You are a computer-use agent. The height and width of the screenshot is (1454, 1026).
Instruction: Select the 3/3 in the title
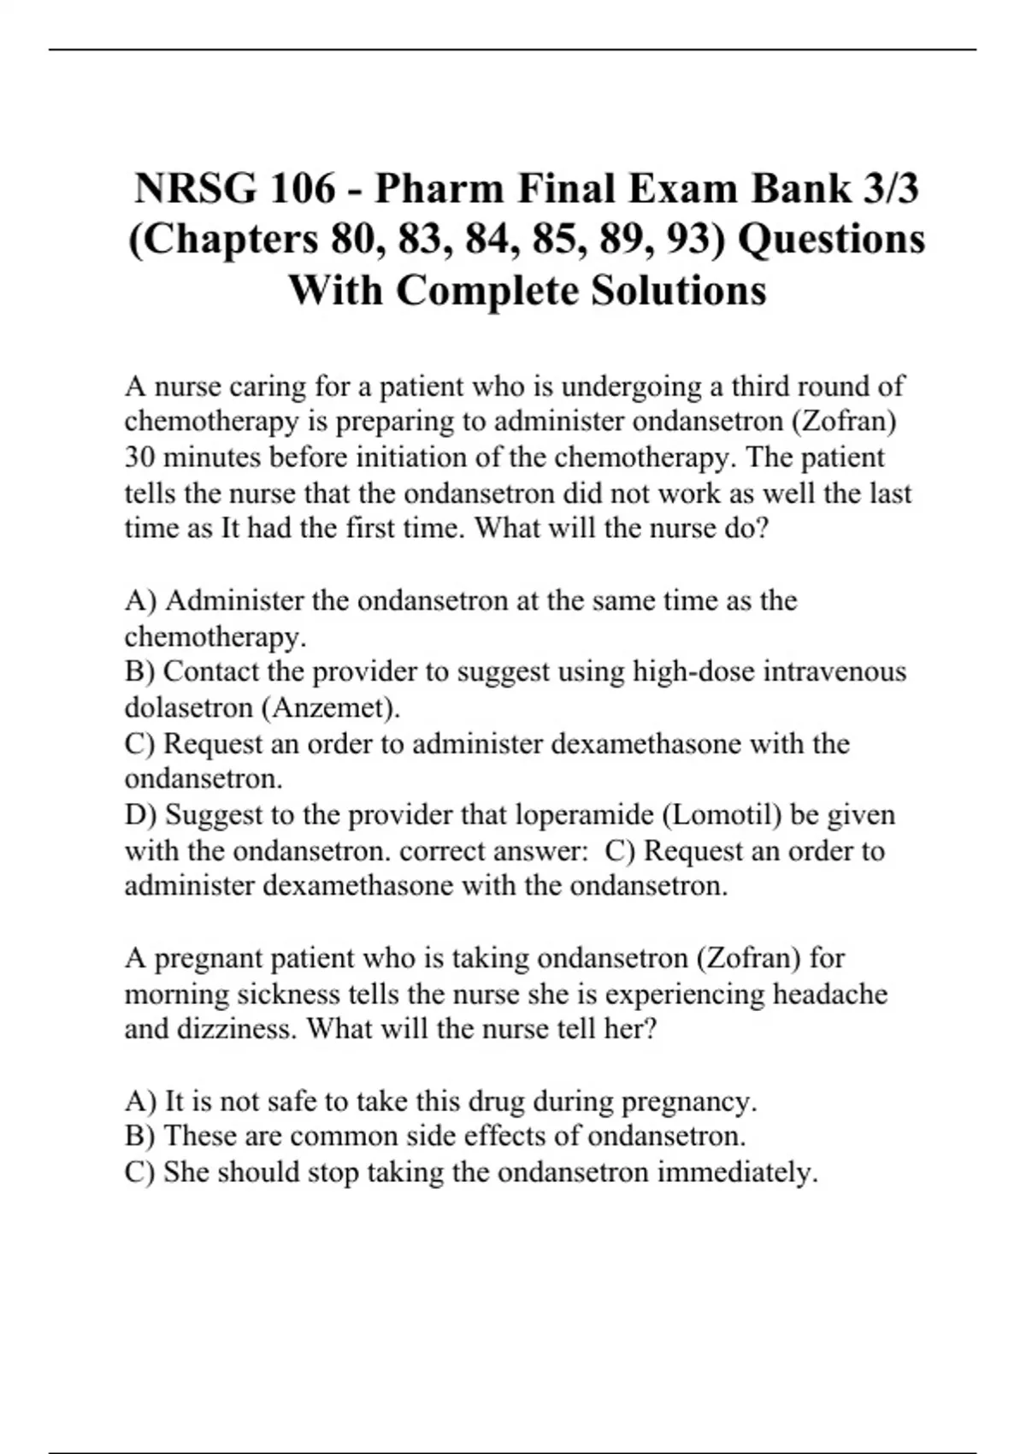pos(888,187)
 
